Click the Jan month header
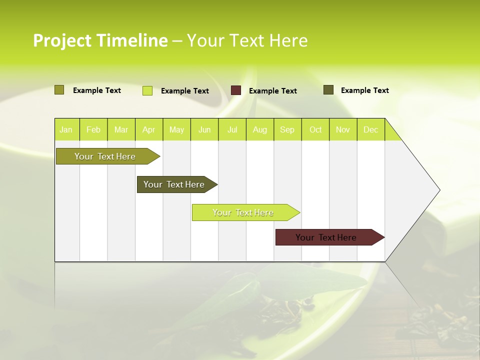[x=66, y=129]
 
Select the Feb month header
[x=93, y=129]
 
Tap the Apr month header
[x=148, y=129]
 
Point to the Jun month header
[x=204, y=129]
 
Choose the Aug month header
[x=259, y=129]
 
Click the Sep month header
[x=287, y=129]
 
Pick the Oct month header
[x=315, y=129]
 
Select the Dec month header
[x=370, y=129]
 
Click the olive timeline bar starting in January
[x=105, y=156]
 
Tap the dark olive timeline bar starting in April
[x=174, y=184]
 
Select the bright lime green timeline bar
[x=243, y=212]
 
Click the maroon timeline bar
[x=326, y=237]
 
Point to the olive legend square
[x=59, y=90]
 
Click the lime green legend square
[x=147, y=90]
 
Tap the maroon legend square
[x=236, y=90]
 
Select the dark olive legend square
[x=328, y=90]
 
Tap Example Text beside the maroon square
[x=272, y=91]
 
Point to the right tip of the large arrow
[x=439, y=190]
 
